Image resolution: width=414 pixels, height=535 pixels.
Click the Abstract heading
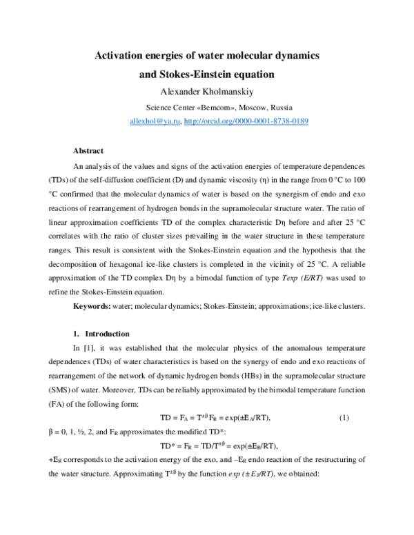[88, 150]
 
